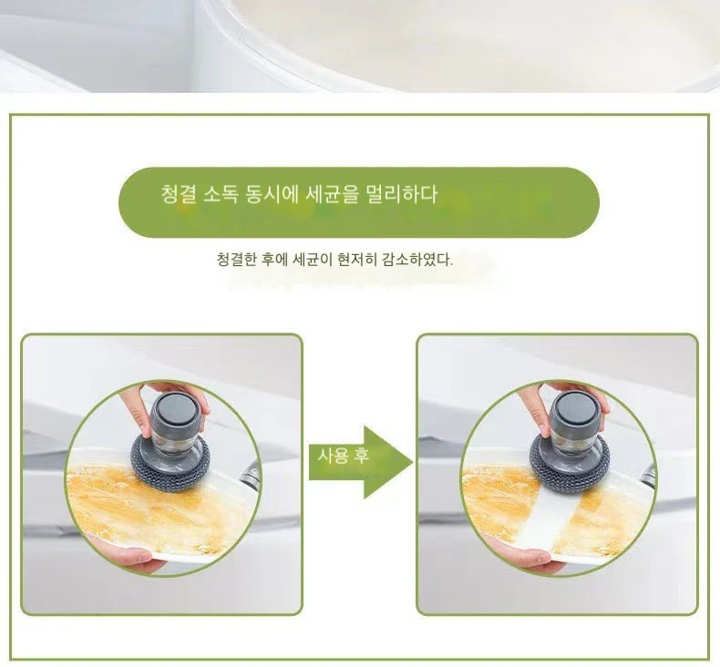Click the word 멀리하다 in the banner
401,194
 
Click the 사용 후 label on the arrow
344,456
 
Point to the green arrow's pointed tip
413,462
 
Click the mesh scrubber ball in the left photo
170,461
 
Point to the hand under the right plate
521,553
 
